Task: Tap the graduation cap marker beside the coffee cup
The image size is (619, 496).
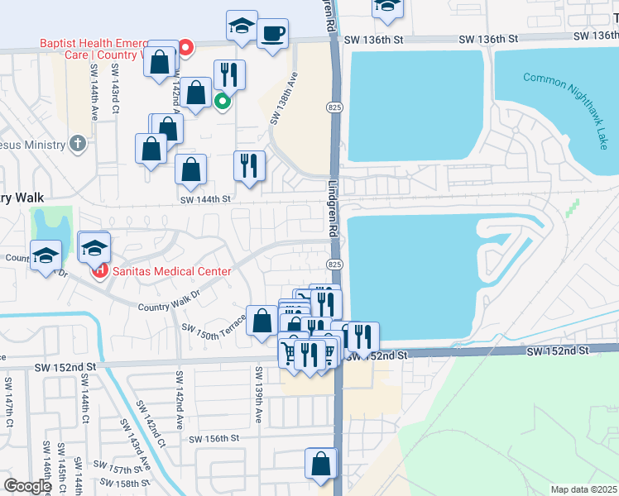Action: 242,26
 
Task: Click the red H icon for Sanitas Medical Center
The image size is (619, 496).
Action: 99,270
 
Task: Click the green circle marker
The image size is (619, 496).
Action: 222,103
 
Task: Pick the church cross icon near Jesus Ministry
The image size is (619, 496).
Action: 78,144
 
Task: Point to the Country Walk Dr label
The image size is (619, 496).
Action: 170,300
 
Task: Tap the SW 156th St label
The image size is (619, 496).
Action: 214,439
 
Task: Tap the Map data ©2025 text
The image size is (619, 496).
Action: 583,489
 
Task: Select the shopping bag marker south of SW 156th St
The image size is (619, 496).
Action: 321,465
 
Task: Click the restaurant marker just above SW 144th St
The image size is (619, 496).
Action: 249,165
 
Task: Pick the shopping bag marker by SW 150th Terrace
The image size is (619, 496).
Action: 262,322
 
